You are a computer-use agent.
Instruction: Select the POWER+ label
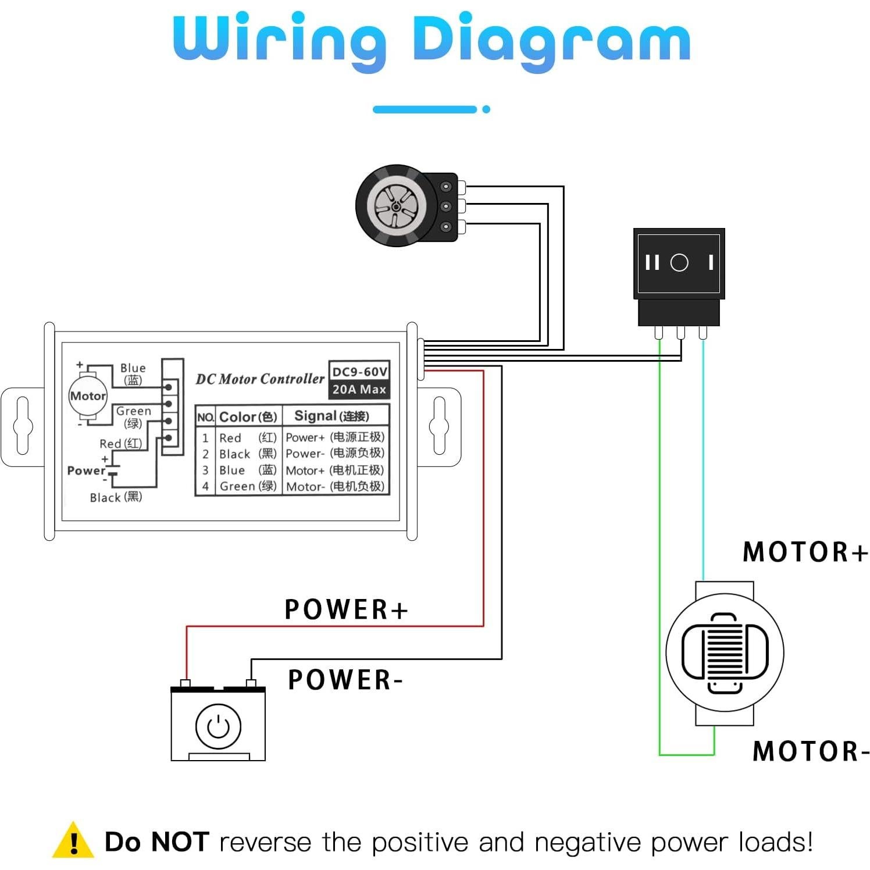tap(346, 609)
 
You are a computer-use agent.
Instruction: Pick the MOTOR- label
tap(811, 751)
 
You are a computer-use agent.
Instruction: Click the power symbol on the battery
tap(218, 726)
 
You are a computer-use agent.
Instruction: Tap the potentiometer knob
tap(395, 205)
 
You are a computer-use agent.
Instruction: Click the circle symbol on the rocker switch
tap(679, 263)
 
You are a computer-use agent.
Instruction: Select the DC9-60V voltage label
tap(359, 372)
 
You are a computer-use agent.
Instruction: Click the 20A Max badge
tap(359, 389)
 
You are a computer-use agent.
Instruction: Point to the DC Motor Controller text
tap(259, 379)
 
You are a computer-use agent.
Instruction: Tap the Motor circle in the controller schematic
tap(88, 396)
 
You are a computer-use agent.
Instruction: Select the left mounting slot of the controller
tap(23, 425)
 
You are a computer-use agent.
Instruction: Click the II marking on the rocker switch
tap(652, 263)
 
